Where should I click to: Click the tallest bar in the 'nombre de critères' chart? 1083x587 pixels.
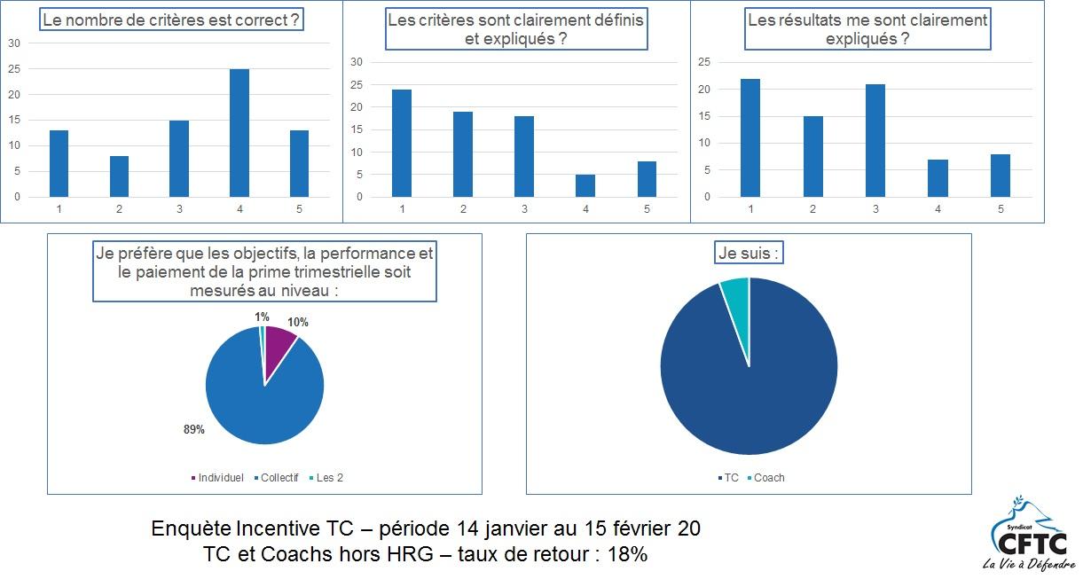tap(239, 133)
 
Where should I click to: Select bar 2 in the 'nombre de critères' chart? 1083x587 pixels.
tap(119, 176)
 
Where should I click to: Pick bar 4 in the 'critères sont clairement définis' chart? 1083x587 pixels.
tap(585, 185)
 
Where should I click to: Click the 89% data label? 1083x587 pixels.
tap(194, 430)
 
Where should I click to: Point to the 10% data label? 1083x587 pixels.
tap(297, 323)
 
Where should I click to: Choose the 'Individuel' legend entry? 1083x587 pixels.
tap(217, 478)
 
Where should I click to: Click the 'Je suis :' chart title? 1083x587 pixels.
tap(749, 254)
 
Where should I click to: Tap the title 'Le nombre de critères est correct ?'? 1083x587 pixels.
tap(170, 19)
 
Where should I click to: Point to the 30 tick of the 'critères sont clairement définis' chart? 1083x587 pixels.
tap(357, 62)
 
